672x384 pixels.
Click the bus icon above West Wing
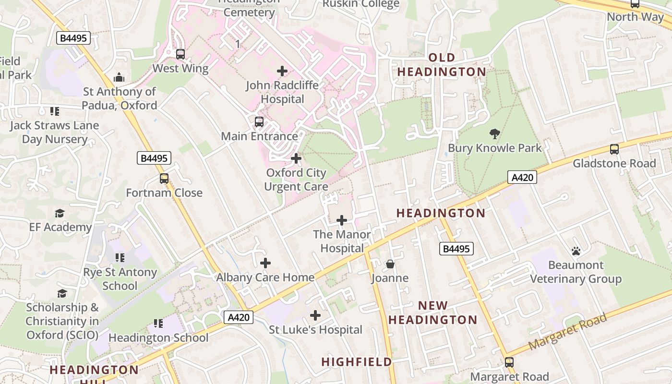point(180,54)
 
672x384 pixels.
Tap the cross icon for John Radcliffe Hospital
point(282,72)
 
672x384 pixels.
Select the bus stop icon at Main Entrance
point(259,122)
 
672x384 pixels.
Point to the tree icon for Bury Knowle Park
point(494,134)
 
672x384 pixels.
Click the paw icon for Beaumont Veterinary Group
point(576,251)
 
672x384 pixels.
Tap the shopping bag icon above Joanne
point(390,264)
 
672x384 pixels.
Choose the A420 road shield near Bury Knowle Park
point(522,178)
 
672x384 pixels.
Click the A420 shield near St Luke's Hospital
point(239,317)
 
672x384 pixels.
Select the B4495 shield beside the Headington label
point(456,249)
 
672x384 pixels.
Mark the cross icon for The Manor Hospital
point(342,220)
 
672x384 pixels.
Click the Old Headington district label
point(442,65)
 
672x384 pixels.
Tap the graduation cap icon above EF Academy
point(60,213)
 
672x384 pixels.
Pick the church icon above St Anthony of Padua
point(119,77)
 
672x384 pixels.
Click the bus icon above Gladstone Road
point(614,149)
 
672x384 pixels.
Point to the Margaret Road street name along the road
point(567,331)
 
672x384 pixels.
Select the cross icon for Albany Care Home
point(265,263)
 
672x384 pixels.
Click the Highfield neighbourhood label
point(357,362)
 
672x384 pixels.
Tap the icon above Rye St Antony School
point(120,258)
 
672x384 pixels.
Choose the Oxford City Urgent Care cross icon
point(296,158)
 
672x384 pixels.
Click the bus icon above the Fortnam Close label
point(164,179)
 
